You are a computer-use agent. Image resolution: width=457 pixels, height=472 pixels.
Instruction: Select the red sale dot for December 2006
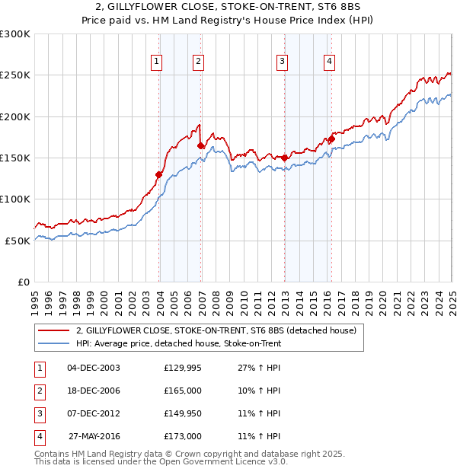[x=200, y=145]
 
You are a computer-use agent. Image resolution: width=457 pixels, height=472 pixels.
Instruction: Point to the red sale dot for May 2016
[x=332, y=139]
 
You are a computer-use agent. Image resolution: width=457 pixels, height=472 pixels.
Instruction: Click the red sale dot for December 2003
[x=159, y=174]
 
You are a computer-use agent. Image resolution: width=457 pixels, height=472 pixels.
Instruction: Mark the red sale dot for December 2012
[x=284, y=158]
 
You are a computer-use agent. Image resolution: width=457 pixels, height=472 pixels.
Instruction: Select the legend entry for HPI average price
[x=178, y=343]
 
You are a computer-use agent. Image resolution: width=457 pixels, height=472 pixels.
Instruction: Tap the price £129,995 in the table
[x=183, y=368]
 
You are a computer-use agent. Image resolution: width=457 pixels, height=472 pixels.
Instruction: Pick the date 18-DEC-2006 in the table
[x=94, y=391]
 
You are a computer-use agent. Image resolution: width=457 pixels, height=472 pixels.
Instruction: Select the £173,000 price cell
[x=183, y=436]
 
